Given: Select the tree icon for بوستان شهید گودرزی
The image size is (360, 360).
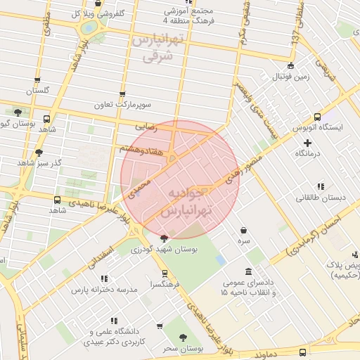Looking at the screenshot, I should tap(165, 238).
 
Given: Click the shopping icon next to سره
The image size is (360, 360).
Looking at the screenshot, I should tap(243, 230).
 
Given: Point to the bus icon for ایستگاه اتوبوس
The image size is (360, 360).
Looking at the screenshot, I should tap(317, 117).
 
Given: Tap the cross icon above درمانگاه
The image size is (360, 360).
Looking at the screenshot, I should tap(307, 143).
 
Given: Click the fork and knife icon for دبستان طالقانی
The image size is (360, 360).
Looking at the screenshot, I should tap(321, 186).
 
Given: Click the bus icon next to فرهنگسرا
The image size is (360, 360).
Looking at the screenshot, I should tap(165, 274).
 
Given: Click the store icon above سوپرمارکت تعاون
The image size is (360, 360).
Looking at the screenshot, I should tap(123, 94).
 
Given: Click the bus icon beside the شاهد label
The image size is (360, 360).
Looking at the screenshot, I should tap(47, 120).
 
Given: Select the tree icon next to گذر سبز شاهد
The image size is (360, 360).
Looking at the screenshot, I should tap(39, 152).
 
